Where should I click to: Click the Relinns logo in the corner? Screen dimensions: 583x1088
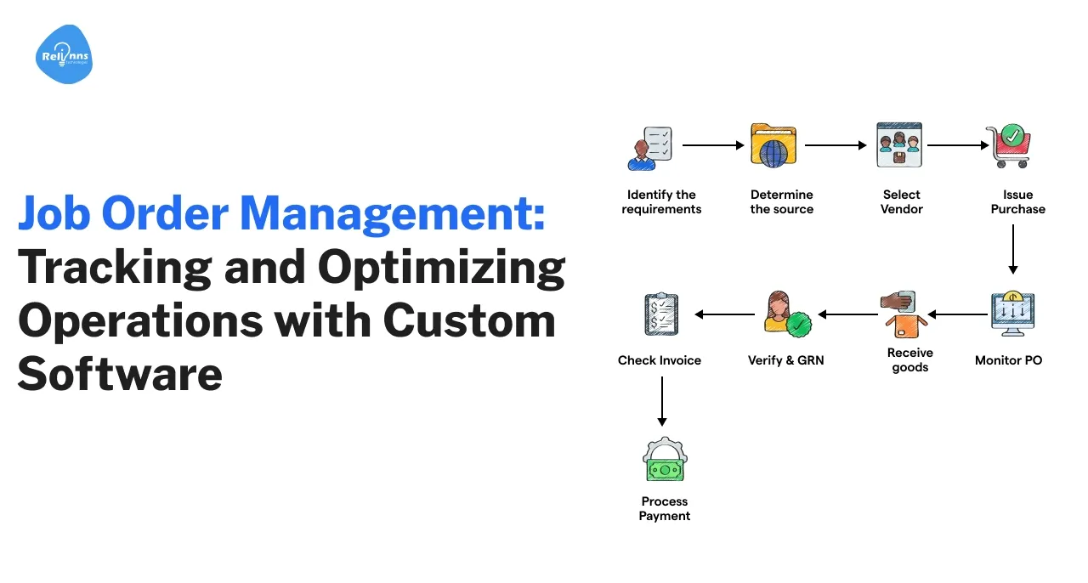64,55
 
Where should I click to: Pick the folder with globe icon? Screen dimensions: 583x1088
773,145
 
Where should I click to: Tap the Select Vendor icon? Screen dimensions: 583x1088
899,145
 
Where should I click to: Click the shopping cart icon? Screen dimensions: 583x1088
1008,145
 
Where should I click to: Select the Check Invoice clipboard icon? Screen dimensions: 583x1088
661,314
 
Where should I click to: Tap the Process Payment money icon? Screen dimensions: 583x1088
664,460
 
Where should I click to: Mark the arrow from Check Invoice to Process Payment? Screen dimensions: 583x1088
661,401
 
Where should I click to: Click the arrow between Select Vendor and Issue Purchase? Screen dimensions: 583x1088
957,145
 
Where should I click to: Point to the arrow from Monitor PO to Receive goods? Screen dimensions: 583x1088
957,314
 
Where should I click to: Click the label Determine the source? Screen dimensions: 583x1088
781,201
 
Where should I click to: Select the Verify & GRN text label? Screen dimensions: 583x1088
785,360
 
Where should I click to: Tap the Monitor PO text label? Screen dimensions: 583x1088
1008,360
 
